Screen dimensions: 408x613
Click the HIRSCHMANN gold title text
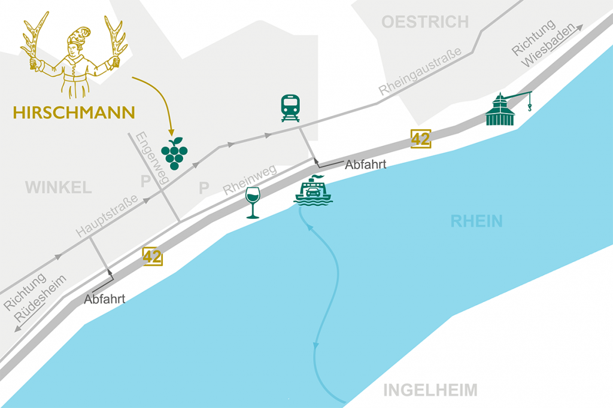74,112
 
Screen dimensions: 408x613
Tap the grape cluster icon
174,154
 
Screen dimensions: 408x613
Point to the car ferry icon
313,191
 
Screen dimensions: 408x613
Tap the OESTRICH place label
425,23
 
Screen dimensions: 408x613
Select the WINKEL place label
59,188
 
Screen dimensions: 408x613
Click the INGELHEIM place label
430,391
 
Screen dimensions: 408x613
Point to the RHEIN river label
477,221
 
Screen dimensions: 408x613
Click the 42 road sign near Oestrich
420,138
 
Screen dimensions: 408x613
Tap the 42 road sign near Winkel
153,257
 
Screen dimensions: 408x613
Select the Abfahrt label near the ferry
365,166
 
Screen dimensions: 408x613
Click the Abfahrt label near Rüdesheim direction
105,299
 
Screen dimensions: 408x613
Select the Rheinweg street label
250,179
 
